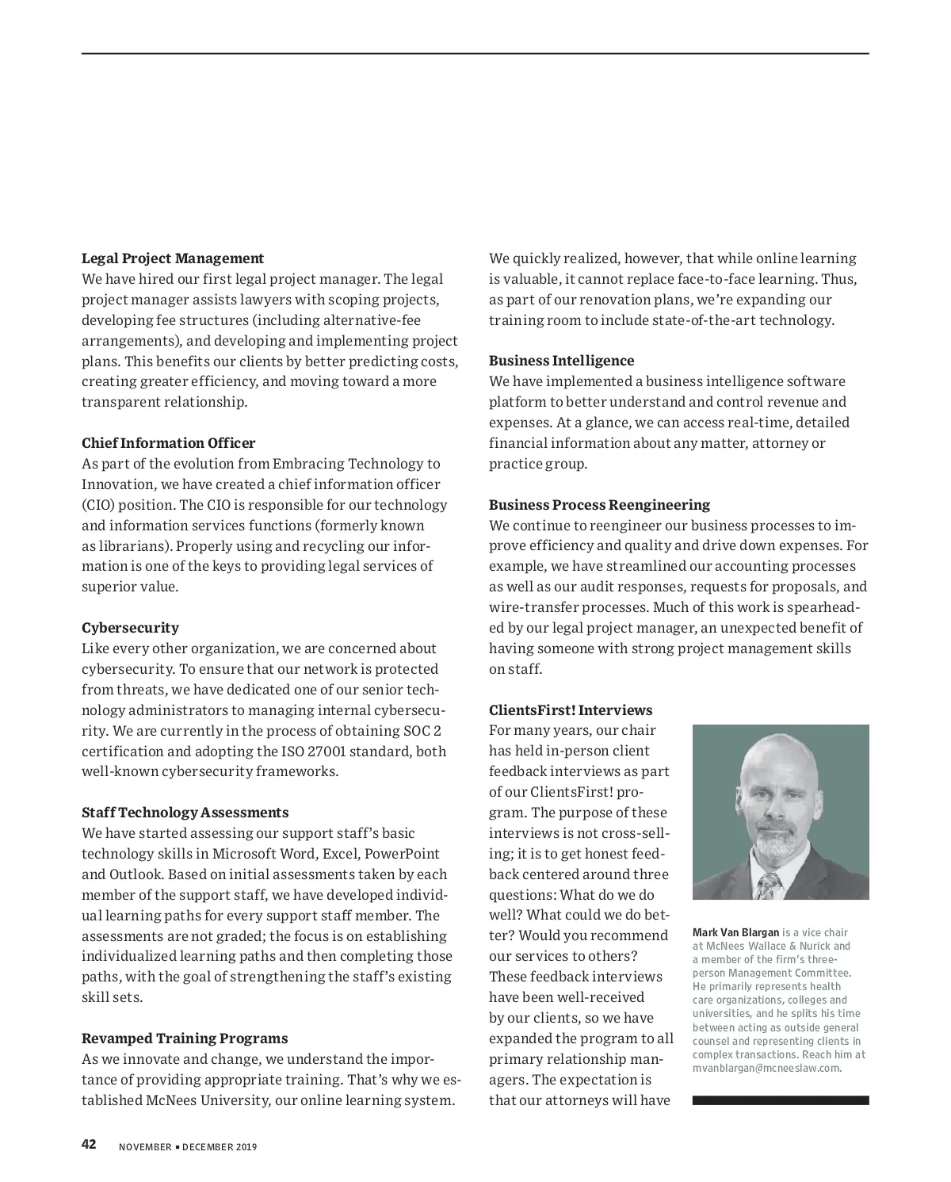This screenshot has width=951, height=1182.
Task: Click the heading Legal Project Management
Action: point(173,258)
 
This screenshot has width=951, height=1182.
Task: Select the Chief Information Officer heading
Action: point(169,443)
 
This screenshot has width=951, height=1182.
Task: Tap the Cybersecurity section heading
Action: point(131,628)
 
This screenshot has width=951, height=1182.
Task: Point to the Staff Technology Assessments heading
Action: point(185,813)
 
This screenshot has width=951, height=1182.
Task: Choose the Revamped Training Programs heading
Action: point(185,1039)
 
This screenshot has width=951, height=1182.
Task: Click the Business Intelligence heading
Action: point(561,361)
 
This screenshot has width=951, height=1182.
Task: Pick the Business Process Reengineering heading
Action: point(599,505)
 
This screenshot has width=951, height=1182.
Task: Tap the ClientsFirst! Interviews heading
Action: point(571,710)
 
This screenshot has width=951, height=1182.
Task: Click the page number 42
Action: point(89,1145)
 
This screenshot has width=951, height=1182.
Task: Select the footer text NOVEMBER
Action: point(145,1147)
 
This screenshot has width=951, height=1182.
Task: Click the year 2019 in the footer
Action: point(246,1147)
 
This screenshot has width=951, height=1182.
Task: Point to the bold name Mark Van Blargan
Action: point(736,932)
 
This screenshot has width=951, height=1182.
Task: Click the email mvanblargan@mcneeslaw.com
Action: point(766,1068)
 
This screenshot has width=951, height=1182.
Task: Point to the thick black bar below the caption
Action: point(781,1100)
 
